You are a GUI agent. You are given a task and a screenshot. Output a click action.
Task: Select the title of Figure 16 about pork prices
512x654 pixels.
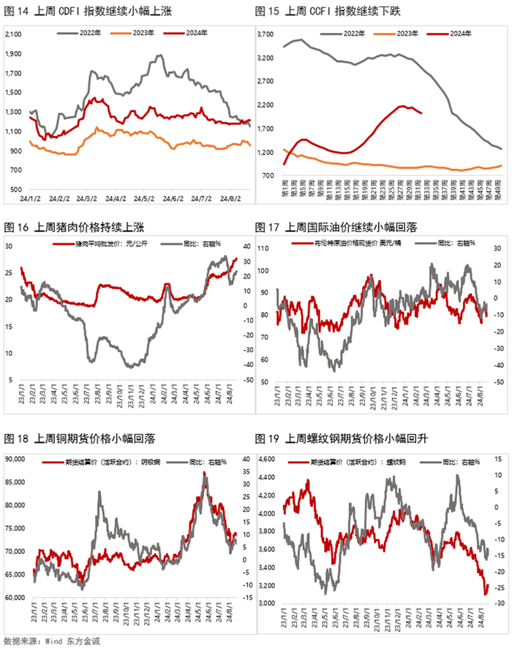pyautogui.click(x=80, y=227)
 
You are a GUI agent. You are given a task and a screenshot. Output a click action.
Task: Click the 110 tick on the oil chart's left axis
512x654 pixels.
pyautogui.click(x=265, y=248)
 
